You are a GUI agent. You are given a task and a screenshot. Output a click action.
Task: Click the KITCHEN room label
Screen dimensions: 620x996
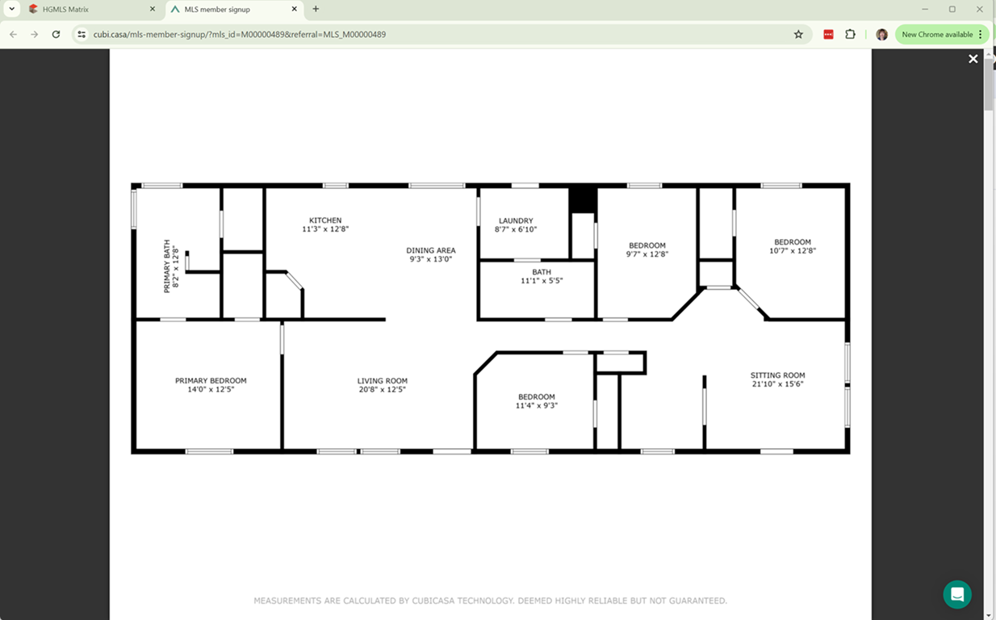325,220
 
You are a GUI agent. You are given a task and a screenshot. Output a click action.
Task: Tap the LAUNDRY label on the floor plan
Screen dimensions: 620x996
516,220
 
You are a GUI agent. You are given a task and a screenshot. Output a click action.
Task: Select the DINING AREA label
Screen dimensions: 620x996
431,250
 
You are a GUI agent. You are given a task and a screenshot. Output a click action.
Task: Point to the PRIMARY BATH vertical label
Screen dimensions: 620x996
167,266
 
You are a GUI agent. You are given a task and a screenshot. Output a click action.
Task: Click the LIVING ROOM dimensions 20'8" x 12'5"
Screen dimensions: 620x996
383,390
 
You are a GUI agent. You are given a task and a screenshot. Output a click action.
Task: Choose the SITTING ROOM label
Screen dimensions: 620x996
777,375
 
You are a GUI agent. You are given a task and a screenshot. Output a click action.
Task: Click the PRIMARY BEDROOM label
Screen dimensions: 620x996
211,381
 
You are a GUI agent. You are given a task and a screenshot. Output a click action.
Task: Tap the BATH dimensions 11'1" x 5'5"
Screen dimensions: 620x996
542,281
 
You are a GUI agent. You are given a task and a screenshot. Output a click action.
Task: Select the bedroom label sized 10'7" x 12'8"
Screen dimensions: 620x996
793,242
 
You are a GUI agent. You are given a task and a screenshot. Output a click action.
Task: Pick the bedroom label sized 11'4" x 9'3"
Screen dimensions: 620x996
537,397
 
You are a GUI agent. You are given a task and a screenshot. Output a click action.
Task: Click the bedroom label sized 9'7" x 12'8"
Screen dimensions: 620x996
647,245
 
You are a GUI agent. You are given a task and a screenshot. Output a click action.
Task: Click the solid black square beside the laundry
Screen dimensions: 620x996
583,199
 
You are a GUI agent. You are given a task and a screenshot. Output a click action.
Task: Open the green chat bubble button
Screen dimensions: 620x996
957,594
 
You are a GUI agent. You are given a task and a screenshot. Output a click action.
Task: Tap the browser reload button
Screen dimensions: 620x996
56,35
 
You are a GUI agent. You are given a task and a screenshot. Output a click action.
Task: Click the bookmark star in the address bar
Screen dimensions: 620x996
798,35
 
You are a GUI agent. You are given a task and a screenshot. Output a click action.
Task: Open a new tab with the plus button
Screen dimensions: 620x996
316,9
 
